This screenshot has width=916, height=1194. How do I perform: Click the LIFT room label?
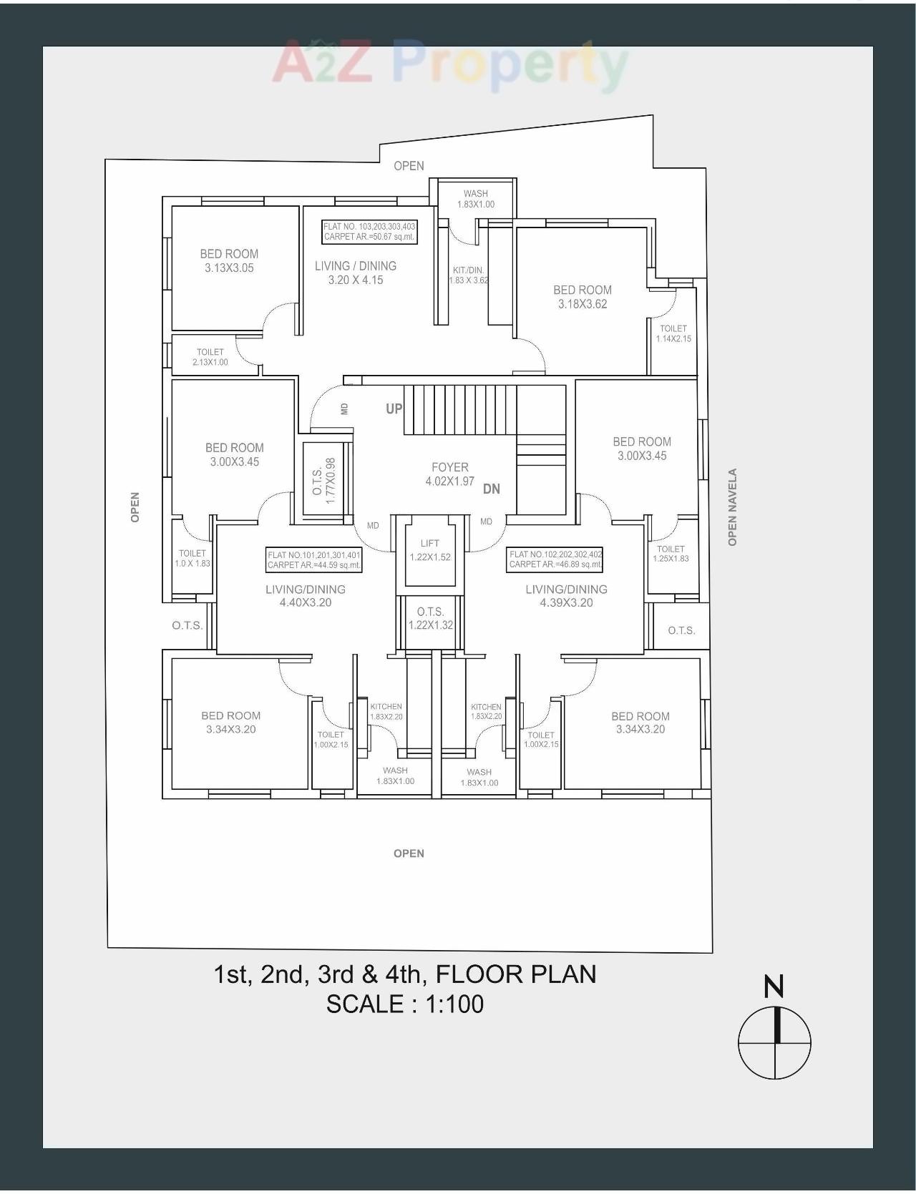click(430, 550)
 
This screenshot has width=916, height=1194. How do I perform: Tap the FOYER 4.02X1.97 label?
click(449, 474)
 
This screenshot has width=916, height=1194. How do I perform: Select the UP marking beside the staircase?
click(394, 408)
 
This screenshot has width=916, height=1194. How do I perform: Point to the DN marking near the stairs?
click(492, 489)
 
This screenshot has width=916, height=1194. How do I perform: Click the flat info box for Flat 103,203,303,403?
click(369, 232)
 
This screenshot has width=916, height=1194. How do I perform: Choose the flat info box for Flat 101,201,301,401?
click(314, 559)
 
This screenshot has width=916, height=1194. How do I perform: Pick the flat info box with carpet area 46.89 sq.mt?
click(555, 559)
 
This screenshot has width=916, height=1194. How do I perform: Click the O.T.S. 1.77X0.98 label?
click(324, 481)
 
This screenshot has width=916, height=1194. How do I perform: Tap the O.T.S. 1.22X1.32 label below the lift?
click(430, 618)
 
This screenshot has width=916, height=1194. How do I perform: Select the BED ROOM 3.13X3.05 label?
click(229, 260)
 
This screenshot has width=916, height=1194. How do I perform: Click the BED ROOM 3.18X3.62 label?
click(583, 296)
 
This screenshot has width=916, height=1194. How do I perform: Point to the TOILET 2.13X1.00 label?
click(210, 357)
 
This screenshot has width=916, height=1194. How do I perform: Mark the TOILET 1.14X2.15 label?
click(673, 333)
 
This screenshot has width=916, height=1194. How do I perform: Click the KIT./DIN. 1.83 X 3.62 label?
click(469, 275)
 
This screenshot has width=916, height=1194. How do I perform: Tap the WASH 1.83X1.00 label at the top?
click(476, 199)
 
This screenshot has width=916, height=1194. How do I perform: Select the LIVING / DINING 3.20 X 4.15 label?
click(356, 273)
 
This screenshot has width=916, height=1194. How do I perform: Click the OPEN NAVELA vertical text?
click(732, 507)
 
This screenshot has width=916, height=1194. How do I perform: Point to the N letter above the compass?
click(774, 987)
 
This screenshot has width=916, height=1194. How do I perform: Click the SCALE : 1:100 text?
click(405, 1004)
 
